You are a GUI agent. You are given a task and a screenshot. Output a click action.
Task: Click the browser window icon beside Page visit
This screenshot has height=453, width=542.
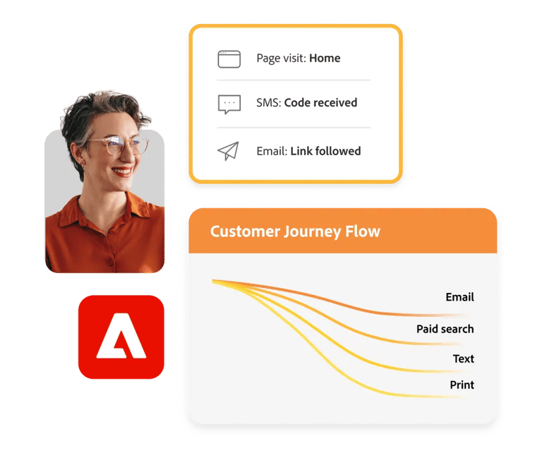coord(229,59)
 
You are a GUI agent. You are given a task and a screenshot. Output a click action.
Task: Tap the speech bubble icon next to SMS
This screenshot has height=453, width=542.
coord(229,104)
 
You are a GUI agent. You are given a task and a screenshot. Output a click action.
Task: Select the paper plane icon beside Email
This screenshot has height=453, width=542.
coord(228,151)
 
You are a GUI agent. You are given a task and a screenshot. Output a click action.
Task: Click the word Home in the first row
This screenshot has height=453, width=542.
coord(325,58)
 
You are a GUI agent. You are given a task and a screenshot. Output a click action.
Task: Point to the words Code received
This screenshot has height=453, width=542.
coord(320,102)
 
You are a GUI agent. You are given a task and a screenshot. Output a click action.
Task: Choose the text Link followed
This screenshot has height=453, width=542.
coord(325,151)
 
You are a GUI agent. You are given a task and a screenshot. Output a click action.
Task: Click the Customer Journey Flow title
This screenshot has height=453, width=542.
coord(295,231)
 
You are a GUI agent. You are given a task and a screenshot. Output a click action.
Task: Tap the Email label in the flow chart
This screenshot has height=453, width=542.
coord(459,297)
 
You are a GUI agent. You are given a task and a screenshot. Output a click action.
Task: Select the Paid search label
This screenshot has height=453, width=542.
coord(445,329)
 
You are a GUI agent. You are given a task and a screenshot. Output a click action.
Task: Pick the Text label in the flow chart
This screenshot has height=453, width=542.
coord(464,358)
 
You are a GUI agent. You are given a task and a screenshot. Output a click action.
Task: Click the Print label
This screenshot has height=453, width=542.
coord(462,385)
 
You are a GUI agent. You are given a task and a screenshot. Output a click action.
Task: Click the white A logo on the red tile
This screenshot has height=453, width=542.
coord(121,336)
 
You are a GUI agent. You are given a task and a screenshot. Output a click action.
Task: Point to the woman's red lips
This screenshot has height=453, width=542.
coord(122,171)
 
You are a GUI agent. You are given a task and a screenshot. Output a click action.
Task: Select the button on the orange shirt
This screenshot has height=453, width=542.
coord(110,263)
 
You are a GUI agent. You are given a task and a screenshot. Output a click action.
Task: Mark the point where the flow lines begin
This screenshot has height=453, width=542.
coord(212,282)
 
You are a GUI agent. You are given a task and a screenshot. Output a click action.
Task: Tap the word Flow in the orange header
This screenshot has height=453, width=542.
coord(363,231)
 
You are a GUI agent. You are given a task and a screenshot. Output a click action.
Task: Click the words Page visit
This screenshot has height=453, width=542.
coord(282,59)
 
